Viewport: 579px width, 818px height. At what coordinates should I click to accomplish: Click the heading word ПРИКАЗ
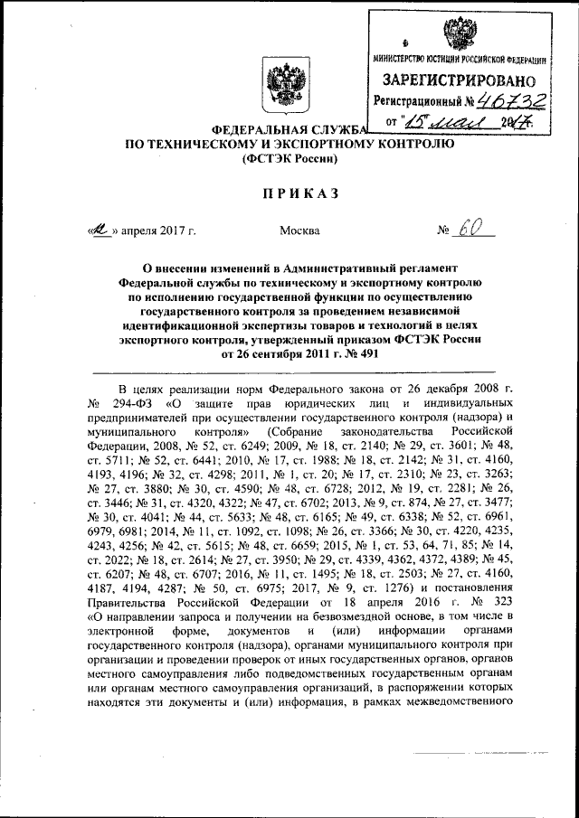tap(289, 193)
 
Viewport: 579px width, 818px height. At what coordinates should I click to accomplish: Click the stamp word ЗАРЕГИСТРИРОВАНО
tap(459, 79)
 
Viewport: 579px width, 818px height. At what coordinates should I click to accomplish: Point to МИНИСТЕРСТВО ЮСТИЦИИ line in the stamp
tap(459, 59)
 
